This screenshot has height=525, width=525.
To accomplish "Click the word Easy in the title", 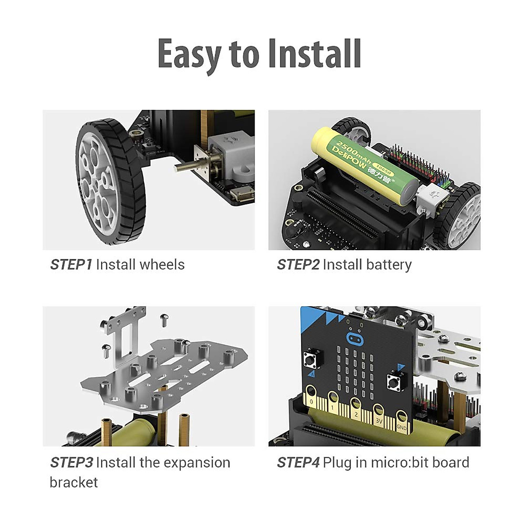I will [x=189, y=54].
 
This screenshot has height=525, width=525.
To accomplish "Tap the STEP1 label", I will [x=71, y=265].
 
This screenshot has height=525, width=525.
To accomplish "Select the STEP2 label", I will [x=298, y=265].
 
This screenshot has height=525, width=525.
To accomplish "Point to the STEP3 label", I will [x=71, y=462].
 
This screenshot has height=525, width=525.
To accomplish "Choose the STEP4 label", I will [x=298, y=462].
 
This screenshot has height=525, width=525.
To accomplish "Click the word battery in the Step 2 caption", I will [x=388, y=265].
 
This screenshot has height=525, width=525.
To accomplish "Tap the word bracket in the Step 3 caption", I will [x=73, y=482].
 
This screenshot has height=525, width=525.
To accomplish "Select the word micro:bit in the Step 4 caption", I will [x=393, y=462].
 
